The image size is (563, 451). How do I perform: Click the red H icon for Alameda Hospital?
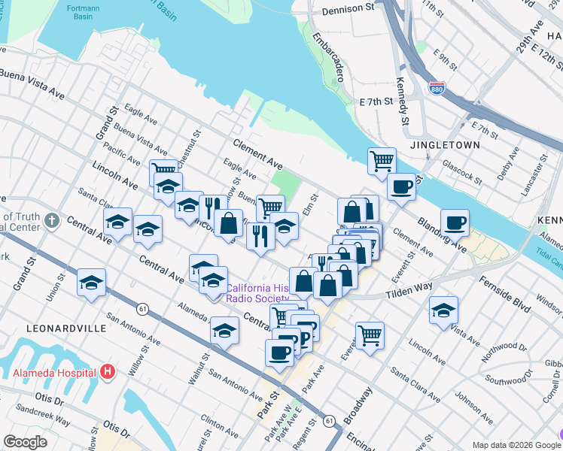(x=108, y=371)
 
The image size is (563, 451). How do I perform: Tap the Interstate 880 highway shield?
(x=437, y=89)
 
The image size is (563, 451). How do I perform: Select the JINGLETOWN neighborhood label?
(x=441, y=144)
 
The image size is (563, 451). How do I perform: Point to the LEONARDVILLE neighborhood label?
(x=59, y=328)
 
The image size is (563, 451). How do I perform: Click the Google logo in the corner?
(x=26, y=442)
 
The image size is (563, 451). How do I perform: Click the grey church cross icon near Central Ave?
(x=50, y=221)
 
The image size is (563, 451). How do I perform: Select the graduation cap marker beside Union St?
(x=91, y=283)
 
